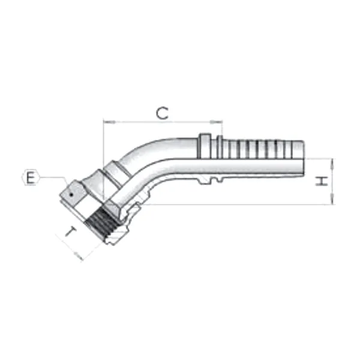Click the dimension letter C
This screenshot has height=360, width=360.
pyautogui.click(x=162, y=112)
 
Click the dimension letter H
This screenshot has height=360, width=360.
pyautogui.click(x=322, y=181)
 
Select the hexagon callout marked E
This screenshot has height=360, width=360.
pyautogui.click(x=30, y=178)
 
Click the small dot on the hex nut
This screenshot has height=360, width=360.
pyautogui.click(x=70, y=194)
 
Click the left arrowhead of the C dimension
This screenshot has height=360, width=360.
pyautogui.click(x=106, y=122)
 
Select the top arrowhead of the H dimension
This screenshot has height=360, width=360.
pyautogui.click(x=331, y=160)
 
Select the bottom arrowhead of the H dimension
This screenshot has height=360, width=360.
pyautogui.click(x=331, y=203)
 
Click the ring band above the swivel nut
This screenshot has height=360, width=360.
pyautogui.click(x=118, y=170)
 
